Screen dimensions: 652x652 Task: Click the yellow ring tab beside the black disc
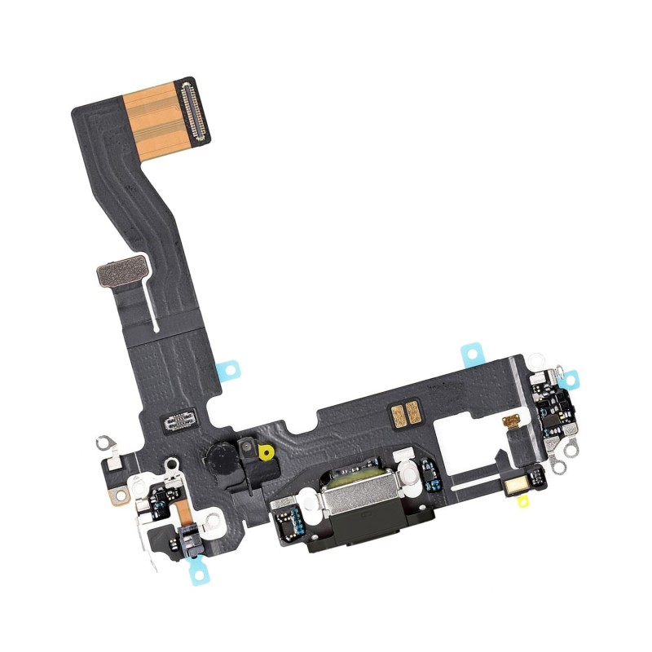tap(262, 449)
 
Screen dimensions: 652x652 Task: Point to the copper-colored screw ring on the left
tap(120, 494)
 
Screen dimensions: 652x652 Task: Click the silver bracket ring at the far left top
tap(104, 443)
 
